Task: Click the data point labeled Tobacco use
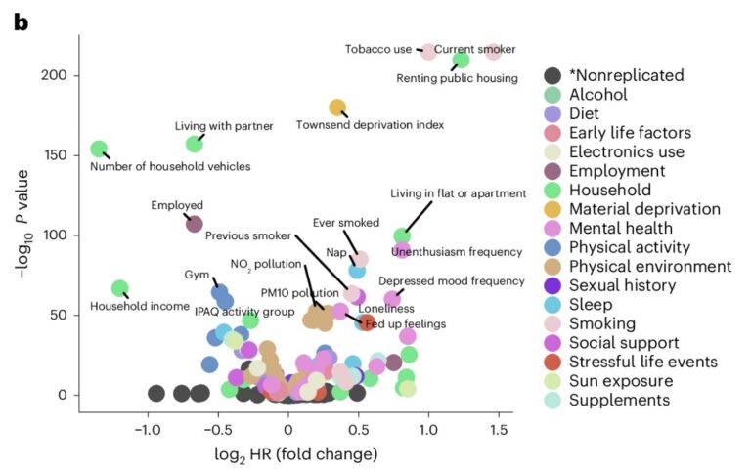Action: (x=428, y=51)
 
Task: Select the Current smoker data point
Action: (x=494, y=51)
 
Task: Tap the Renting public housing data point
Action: (x=462, y=61)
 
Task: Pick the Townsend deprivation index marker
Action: (x=337, y=107)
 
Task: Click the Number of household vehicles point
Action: (x=99, y=149)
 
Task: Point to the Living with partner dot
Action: (x=194, y=144)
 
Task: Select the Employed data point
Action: (x=194, y=224)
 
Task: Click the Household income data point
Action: (x=119, y=288)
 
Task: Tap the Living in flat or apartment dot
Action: (x=402, y=235)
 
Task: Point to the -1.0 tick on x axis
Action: (x=148, y=427)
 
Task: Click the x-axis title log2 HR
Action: (x=295, y=454)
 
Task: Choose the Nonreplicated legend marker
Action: (x=552, y=75)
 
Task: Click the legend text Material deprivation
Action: (x=644, y=208)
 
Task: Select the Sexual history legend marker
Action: (x=552, y=285)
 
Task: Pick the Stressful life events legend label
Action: (x=643, y=362)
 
